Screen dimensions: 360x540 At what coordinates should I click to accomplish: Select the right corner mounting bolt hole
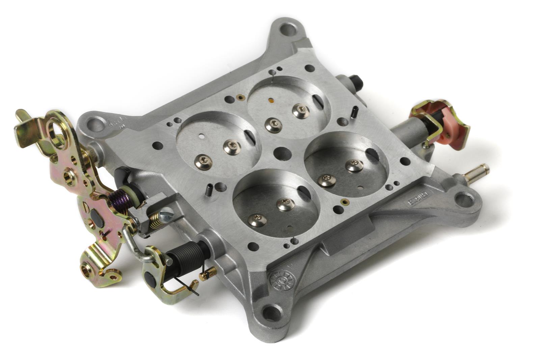(464, 200)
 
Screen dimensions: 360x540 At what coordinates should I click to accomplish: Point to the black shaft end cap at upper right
(358, 81)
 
